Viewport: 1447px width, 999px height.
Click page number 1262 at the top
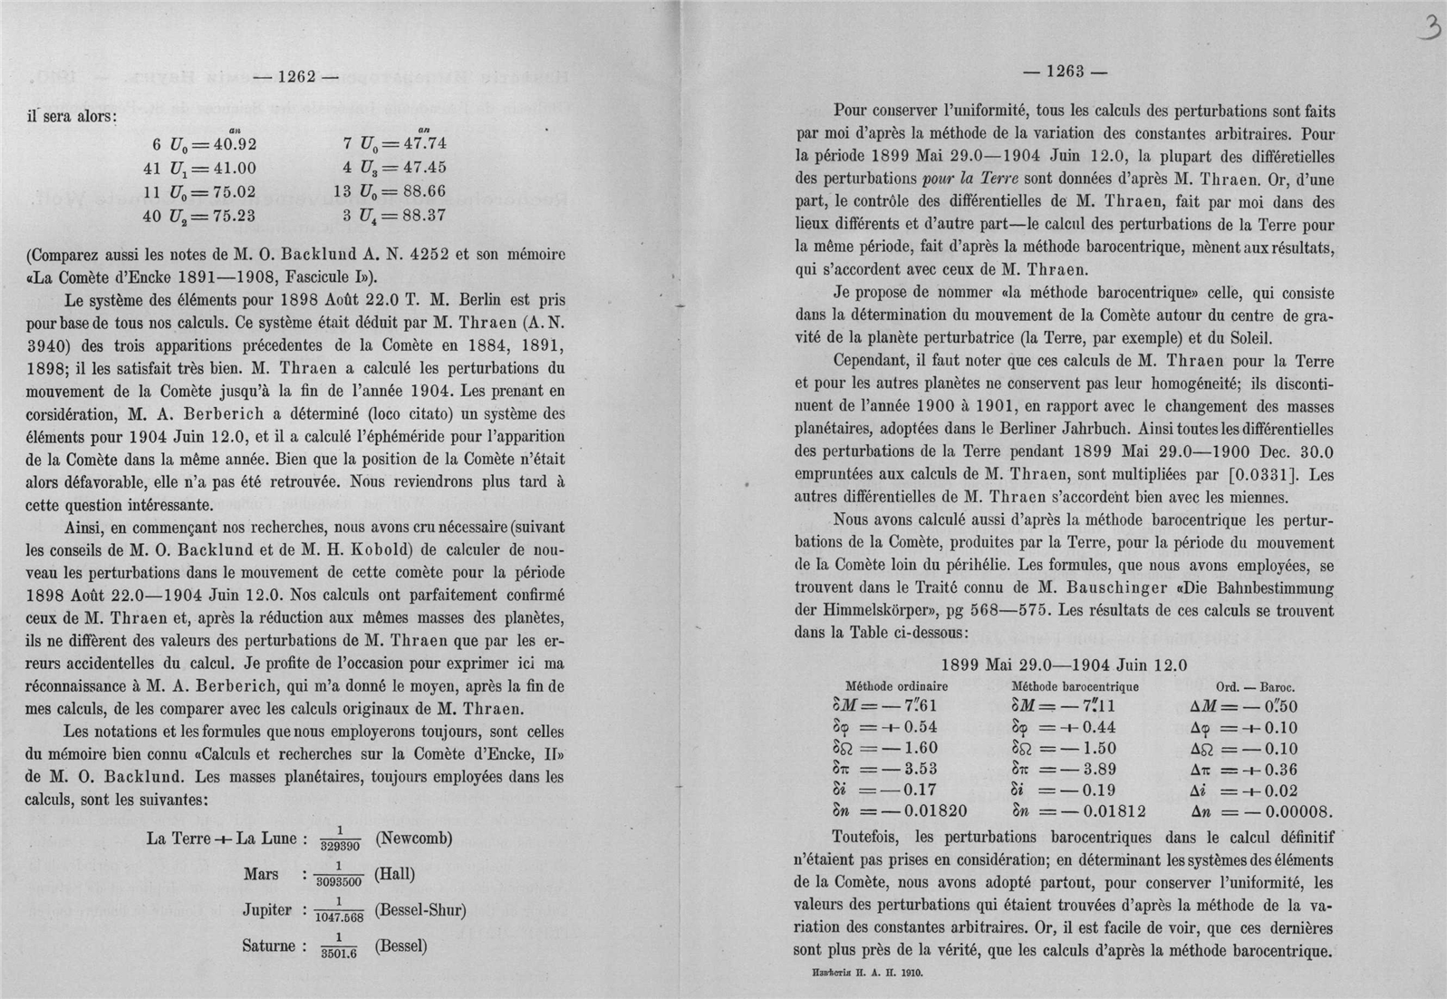click(x=296, y=77)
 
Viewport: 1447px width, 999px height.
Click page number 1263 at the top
click(x=1065, y=73)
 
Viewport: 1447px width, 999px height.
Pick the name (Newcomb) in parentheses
click(x=413, y=838)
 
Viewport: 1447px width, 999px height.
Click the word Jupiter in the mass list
click(x=266, y=910)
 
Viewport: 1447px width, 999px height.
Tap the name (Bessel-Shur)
click(x=420, y=910)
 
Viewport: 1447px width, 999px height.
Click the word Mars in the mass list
click(x=261, y=874)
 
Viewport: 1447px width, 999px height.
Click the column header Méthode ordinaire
click(x=896, y=686)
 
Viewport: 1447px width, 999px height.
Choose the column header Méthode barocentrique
click(x=1075, y=686)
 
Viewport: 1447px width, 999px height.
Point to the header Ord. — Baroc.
click(x=1254, y=686)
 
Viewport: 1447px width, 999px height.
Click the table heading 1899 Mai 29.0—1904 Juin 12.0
click(x=1064, y=664)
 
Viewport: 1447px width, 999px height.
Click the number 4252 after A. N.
click(x=439, y=254)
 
